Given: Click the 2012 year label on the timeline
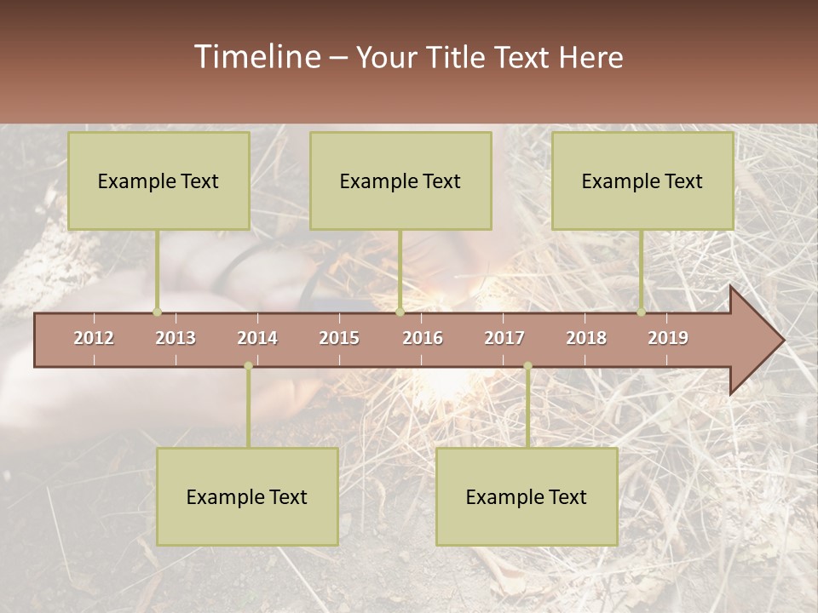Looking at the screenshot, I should coord(94,338).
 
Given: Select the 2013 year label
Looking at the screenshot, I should coord(176,338).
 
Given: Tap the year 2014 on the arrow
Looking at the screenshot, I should coord(257,338).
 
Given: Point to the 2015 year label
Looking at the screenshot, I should coord(339,338).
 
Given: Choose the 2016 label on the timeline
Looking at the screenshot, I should coord(423,338).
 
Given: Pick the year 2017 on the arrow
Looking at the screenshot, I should coord(504,338).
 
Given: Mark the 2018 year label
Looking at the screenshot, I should coord(586,338).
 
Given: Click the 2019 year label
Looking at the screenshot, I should coord(668,338).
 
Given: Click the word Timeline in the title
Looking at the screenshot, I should coord(257,57).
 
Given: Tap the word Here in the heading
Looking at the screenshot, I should coord(590,57).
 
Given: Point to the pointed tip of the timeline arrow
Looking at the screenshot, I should coord(782,341).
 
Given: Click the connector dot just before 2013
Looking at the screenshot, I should coord(157,312).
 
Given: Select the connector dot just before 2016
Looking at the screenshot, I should coord(400,312).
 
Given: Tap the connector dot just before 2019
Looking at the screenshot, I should coord(642,312).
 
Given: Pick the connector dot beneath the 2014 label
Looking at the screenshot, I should coord(248,366).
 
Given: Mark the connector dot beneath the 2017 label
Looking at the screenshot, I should coord(527,366).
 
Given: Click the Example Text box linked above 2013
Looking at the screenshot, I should coord(158,180).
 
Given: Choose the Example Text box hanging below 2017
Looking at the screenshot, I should coord(527,496).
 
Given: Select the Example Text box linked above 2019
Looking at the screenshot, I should coord(642,180).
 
